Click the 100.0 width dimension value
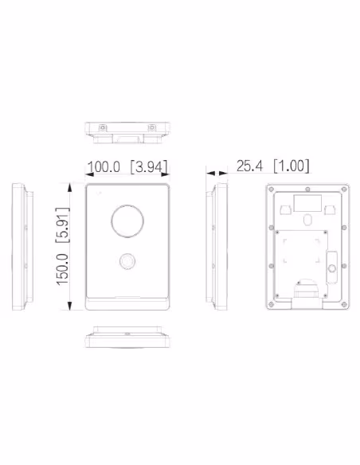click(104, 166)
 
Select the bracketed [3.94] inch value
click(149, 167)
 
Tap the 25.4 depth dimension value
click(249, 166)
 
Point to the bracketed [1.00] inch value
click(292, 166)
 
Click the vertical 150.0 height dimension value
click(62, 270)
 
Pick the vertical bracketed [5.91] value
click(63, 225)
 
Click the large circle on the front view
click(127, 221)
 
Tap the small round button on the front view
click(127, 261)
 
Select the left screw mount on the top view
click(103, 128)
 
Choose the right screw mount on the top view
click(152, 128)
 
